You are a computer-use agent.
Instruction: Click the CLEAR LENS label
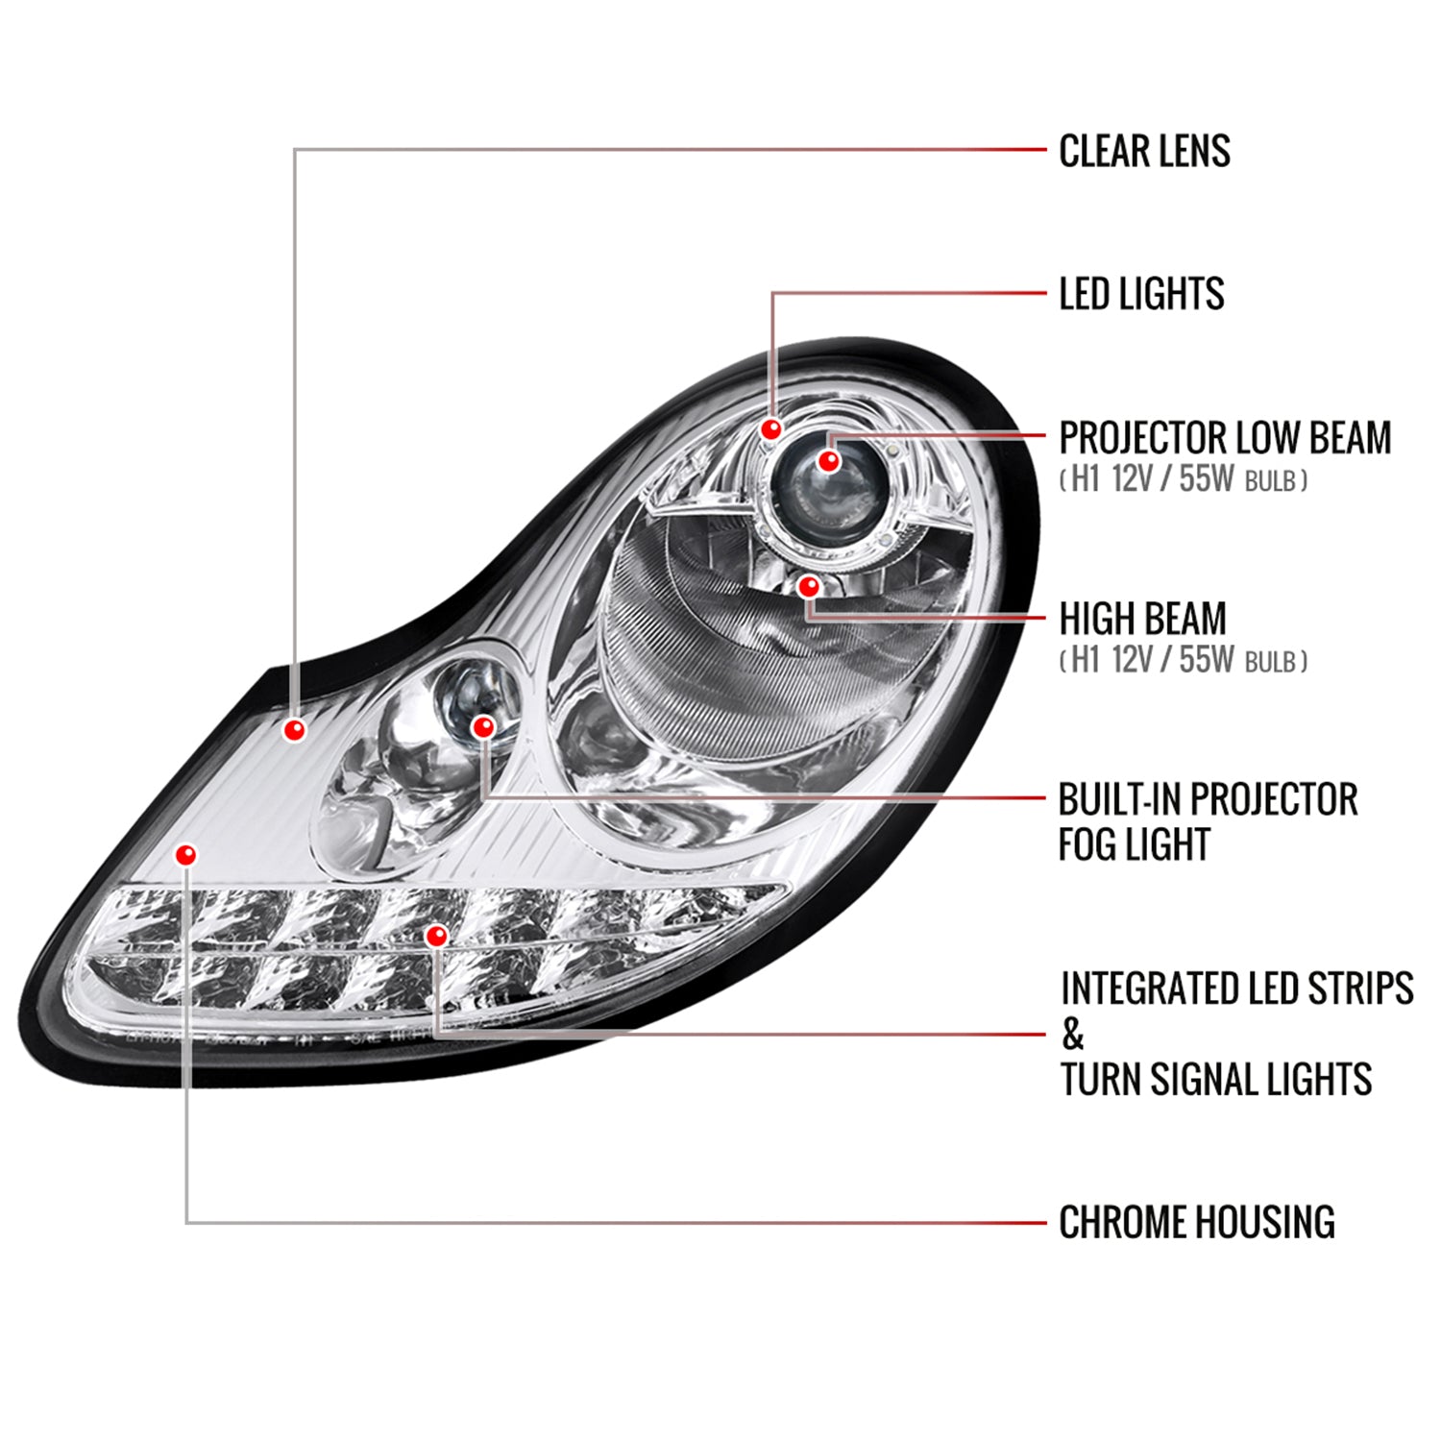click(x=1144, y=151)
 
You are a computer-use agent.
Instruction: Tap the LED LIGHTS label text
click(x=1141, y=294)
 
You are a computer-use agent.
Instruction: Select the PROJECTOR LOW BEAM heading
click(x=1225, y=438)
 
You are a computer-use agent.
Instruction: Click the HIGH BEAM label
click(x=1142, y=619)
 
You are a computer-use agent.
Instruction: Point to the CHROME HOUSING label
click(x=1197, y=1222)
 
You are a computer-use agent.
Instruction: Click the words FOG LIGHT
click(x=1134, y=844)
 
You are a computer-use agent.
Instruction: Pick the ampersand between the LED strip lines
click(x=1072, y=1035)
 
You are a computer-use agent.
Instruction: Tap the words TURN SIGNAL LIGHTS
click(x=1216, y=1079)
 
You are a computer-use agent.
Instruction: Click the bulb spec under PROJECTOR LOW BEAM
click(x=1183, y=479)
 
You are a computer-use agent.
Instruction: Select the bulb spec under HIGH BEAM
click(x=1183, y=660)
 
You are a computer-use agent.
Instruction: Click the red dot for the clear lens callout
click(x=295, y=730)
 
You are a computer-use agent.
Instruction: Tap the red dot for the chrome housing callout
click(x=186, y=854)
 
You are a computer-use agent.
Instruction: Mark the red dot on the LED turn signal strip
click(x=437, y=935)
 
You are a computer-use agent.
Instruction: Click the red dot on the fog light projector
click(x=483, y=727)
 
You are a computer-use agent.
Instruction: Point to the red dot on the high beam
click(x=809, y=584)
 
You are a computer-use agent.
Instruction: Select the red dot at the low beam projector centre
click(x=829, y=461)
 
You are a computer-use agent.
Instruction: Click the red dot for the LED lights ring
click(x=770, y=428)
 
